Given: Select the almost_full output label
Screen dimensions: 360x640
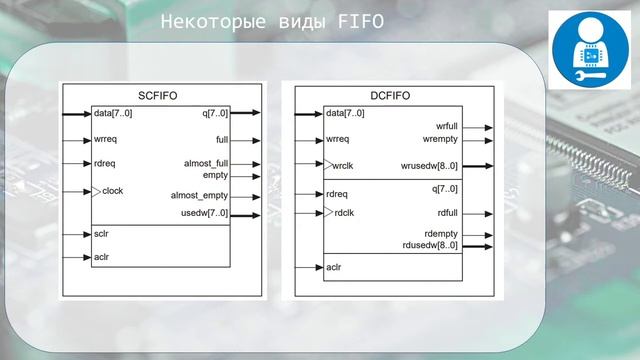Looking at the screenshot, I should tap(206, 163).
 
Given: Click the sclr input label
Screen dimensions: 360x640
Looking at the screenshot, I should tap(101, 234).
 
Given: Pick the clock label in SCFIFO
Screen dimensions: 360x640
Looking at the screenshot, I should tap(112, 190).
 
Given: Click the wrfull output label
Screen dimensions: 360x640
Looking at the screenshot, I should tap(447, 127).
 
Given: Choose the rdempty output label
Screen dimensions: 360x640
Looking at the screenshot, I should tap(442, 235).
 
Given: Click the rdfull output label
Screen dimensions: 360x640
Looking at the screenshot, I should tap(447, 212).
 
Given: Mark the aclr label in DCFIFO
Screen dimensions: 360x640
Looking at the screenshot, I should tap(335, 267).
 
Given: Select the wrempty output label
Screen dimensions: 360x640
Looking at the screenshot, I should tap(441, 139).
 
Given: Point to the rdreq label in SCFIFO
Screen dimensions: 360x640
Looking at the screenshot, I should tap(105, 163).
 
